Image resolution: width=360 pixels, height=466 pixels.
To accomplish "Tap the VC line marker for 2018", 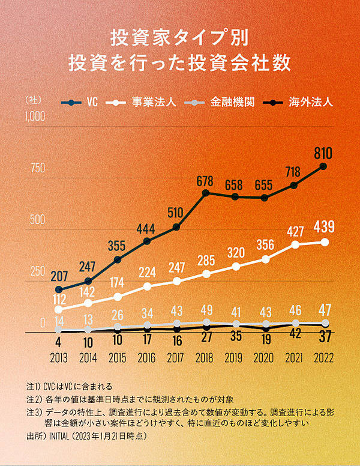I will coord(206,193).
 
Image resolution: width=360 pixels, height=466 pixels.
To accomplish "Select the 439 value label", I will coord(323,227).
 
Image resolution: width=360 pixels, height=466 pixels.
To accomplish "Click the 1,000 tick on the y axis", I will coord(34,116).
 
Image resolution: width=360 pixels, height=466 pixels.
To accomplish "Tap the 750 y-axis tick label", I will coord(38,168).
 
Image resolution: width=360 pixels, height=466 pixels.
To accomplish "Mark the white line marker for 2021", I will coord(294,244).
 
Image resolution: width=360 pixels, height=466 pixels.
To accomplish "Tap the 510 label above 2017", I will coord(176,213).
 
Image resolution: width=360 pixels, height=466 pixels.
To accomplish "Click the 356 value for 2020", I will coord(265,245).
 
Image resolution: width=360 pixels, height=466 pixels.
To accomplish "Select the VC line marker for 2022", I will coord(323,166).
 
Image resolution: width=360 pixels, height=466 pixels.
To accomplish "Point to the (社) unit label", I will coord(34,98).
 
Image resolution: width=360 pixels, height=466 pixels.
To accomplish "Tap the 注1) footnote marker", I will coord(34,385).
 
